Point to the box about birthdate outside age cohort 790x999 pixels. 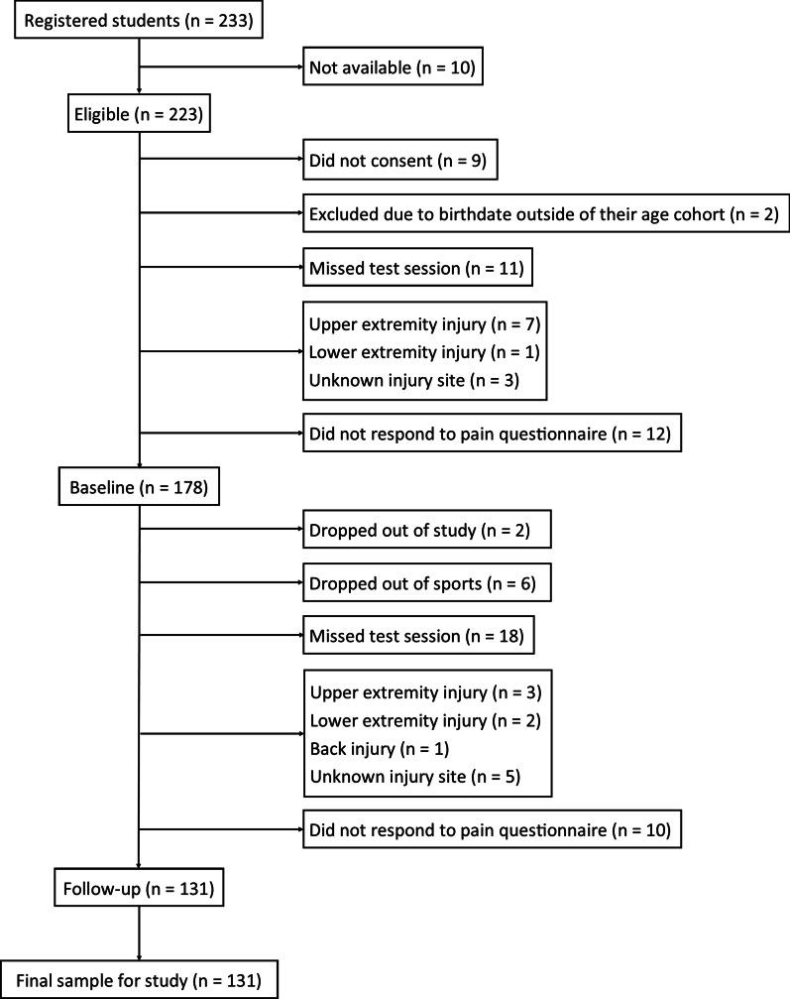(x=535, y=214)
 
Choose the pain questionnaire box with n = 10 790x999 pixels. (x=494, y=829)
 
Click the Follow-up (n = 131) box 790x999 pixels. (x=139, y=889)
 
